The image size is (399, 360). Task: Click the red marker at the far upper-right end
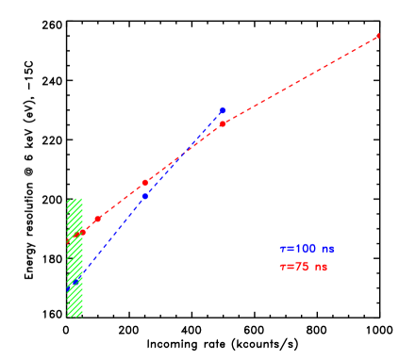click(378, 36)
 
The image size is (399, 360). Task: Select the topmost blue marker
click(223, 110)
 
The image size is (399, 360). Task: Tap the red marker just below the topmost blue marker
click(223, 123)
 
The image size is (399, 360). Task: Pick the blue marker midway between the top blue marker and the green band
click(145, 196)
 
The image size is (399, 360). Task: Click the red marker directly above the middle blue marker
click(145, 182)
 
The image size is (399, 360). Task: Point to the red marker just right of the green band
click(97, 219)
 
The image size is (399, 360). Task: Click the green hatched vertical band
click(75, 257)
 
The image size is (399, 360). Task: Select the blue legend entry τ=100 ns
click(307, 249)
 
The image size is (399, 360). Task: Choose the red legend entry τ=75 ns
click(304, 267)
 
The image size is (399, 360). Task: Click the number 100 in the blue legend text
click(306, 249)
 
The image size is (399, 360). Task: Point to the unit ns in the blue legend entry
click(327, 249)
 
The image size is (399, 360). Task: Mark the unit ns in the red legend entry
click(322, 267)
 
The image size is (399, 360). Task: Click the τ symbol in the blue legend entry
click(283, 249)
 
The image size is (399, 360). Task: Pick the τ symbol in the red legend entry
click(283, 267)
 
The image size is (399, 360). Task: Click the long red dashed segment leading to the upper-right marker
click(302, 79)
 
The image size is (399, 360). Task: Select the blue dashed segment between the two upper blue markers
click(184, 154)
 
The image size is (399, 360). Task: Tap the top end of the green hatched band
click(75, 200)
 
